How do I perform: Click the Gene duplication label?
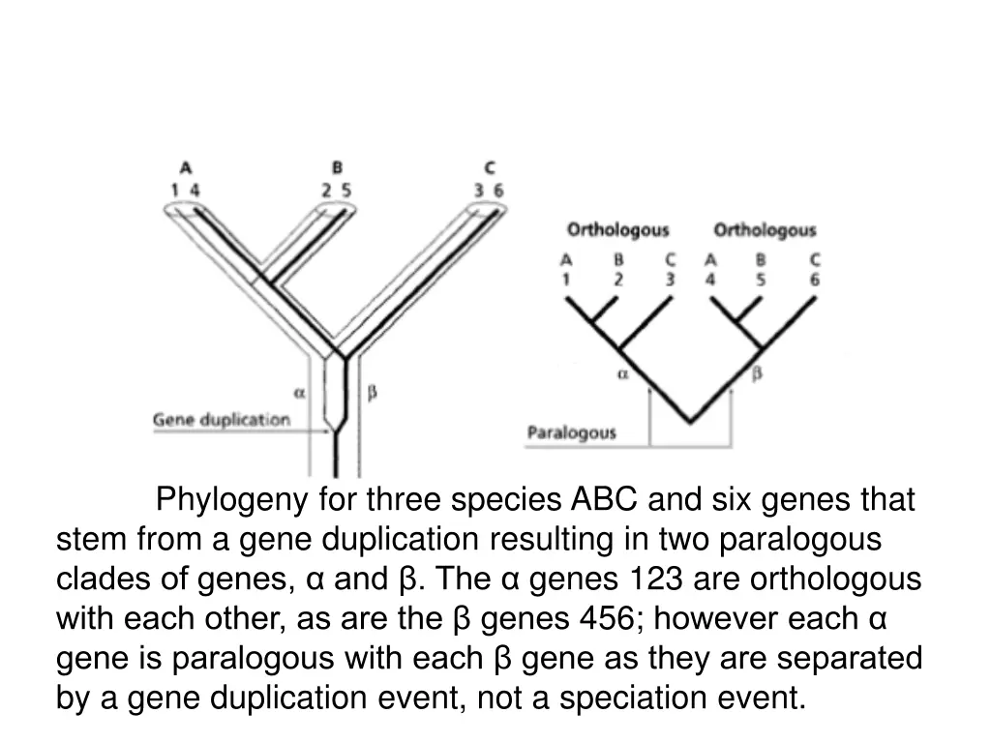[222, 420]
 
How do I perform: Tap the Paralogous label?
[571, 432]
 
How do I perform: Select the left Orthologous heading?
[617, 230]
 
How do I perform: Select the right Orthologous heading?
[765, 230]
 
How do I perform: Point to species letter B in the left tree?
[337, 166]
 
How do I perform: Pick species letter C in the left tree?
[489, 166]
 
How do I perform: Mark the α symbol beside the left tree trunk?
[299, 393]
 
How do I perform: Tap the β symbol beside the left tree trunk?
[373, 393]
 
